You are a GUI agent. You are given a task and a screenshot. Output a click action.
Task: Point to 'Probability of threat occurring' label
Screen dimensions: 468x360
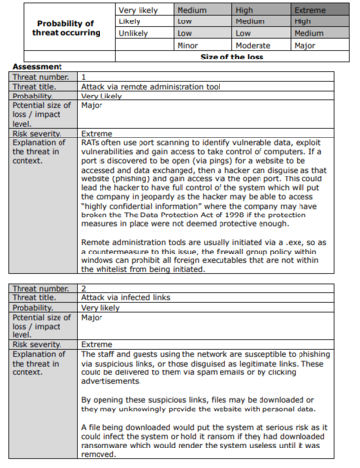(63, 26)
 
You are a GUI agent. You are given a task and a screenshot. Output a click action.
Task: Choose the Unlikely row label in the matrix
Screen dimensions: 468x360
(137, 32)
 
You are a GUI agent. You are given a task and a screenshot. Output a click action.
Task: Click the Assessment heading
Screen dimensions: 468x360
(36, 66)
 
